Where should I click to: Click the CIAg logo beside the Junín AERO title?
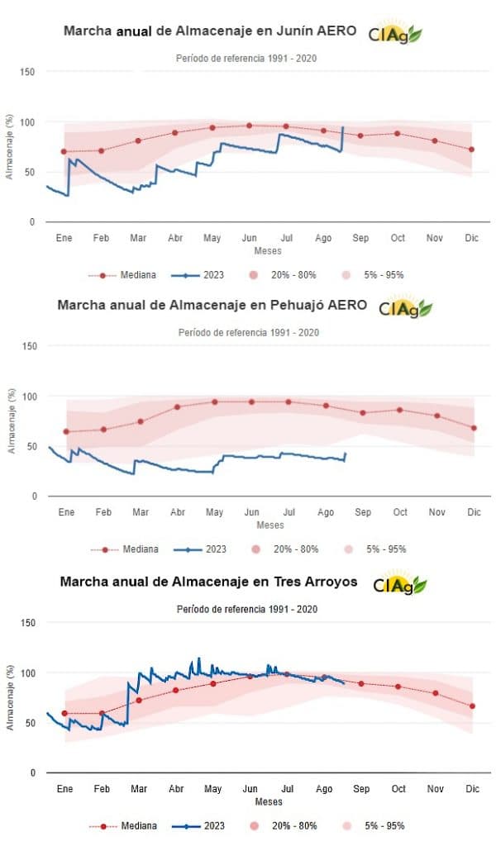[x=395, y=33]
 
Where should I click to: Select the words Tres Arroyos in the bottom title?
[x=315, y=582]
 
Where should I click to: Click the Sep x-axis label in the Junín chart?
[x=360, y=238]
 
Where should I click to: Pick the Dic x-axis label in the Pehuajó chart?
[x=474, y=512]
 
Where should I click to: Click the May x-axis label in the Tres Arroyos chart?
[x=213, y=789]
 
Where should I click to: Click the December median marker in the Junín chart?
[x=471, y=150]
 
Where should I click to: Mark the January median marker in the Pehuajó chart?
[x=66, y=431]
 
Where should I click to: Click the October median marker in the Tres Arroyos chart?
[x=398, y=687]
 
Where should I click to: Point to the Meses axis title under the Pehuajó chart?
[x=269, y=525]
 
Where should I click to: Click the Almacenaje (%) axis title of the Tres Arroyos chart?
[x=10, y=697]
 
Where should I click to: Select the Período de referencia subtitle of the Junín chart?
[x=246, y=58]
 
